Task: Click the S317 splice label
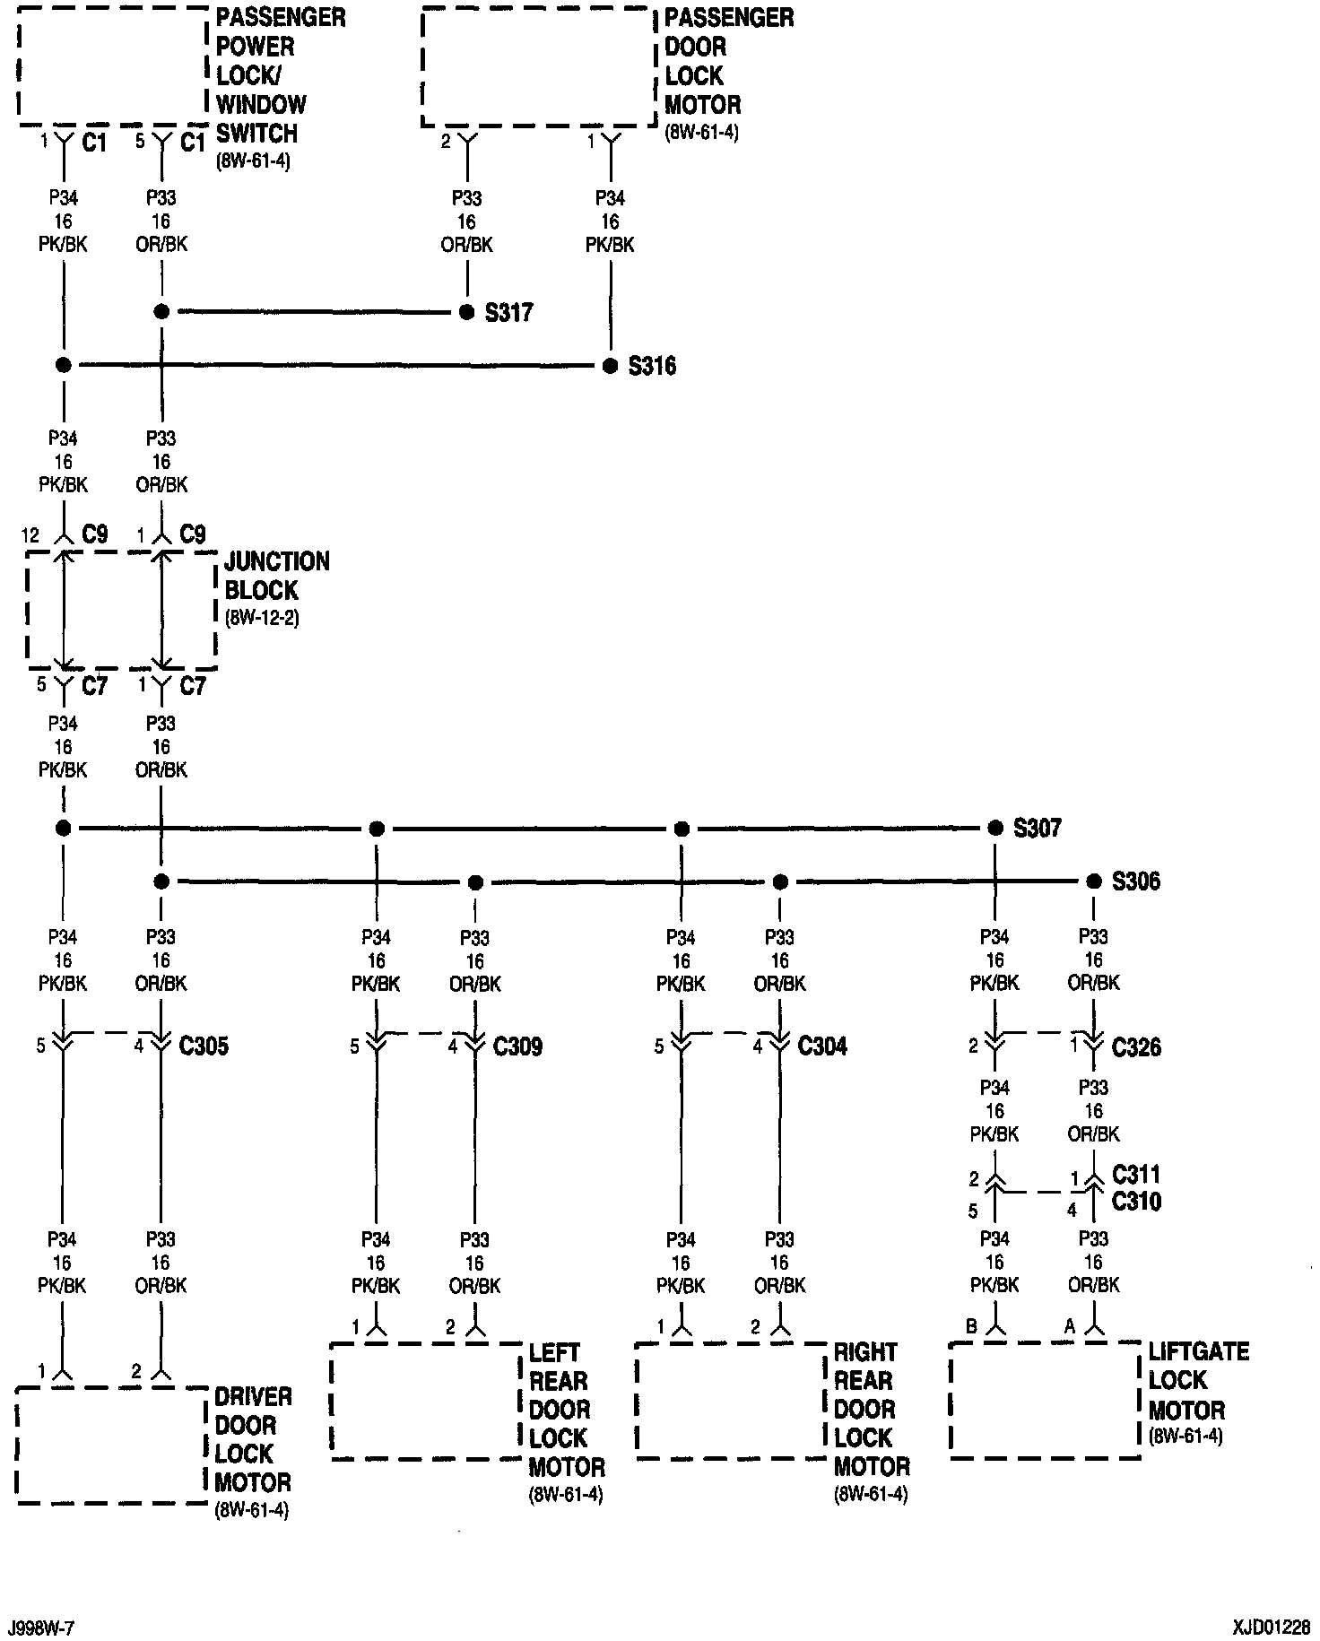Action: [x=508, y=313]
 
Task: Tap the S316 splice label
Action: [x=652, y=367]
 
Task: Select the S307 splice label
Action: [x=1038, y=829]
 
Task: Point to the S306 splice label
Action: [x=1136, y=882]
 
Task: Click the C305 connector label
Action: [x=204, y=1046]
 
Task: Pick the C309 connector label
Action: [x=517, y=1046]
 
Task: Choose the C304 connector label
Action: [x=822, y=1046]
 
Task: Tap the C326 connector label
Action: [x=1136, y=1047]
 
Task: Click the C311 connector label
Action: [x=1136, y=1175]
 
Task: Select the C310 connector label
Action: [x=1136, y=1202]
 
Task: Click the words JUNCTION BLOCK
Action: [x=276, y=577]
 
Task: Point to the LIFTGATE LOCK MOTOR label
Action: [x=1198, y=1381]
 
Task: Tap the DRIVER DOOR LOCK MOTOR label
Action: [x=254, y=1440]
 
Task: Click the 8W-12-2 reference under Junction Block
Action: [x=261, y=619]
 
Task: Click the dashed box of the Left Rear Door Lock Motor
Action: [x=427, y=1401]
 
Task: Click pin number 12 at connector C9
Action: [x=30, y=536]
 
